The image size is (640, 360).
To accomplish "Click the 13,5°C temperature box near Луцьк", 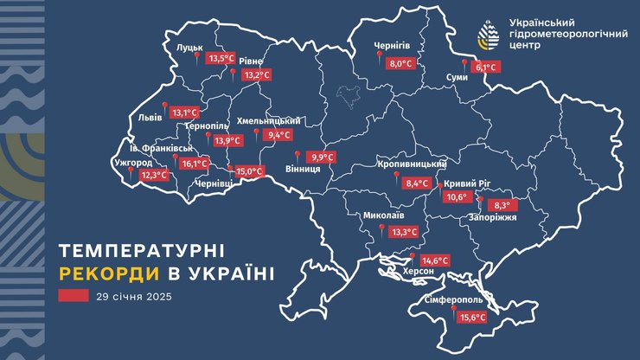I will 222,59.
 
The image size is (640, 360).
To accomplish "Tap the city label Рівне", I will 250,60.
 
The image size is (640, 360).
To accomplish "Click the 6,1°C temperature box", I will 487,67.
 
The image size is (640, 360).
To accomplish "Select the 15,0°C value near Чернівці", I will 249,171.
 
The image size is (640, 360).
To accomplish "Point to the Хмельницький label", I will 268,120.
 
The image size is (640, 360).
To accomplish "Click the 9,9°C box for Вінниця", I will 322,157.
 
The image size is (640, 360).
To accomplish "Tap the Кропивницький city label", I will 412,164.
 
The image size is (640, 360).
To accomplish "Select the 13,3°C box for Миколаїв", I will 404,232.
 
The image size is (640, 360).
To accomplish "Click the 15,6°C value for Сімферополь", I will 471,318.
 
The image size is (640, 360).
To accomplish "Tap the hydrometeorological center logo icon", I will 489,35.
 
